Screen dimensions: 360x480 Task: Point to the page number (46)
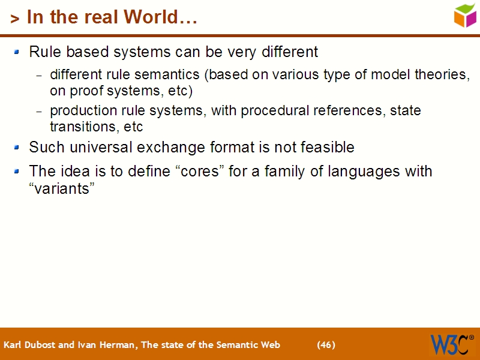pyautogui.click(x=326, y=344)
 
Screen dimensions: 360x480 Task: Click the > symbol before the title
pyautogui.click(x=15, y=19)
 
